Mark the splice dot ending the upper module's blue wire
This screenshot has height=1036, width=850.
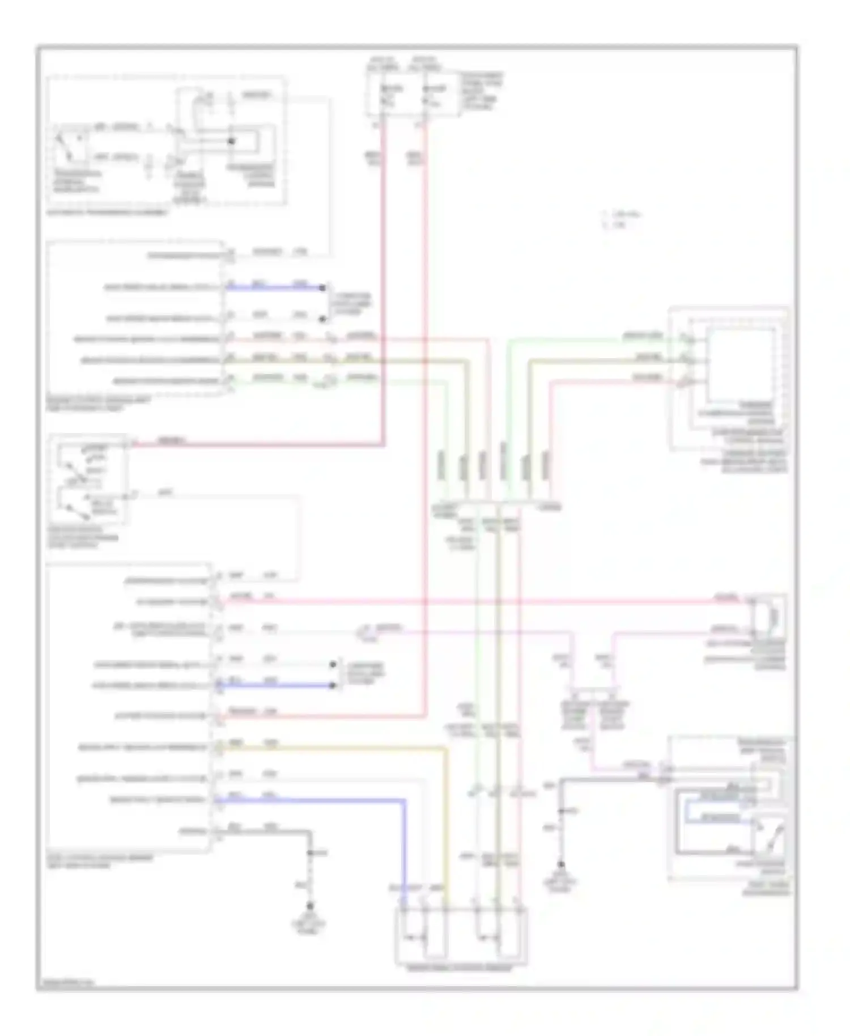(x=323, y=288)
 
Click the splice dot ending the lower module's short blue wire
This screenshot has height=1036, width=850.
(x=333, y=686)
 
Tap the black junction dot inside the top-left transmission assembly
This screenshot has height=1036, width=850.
(x=231, y=141)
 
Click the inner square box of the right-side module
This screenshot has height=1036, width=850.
(x=740, y=364)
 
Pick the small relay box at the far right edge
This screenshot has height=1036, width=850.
(x=768, y=615)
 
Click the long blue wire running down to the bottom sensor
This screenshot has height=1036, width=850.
(x=405, y=850)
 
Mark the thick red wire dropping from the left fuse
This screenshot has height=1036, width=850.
(x=384, y=283)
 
